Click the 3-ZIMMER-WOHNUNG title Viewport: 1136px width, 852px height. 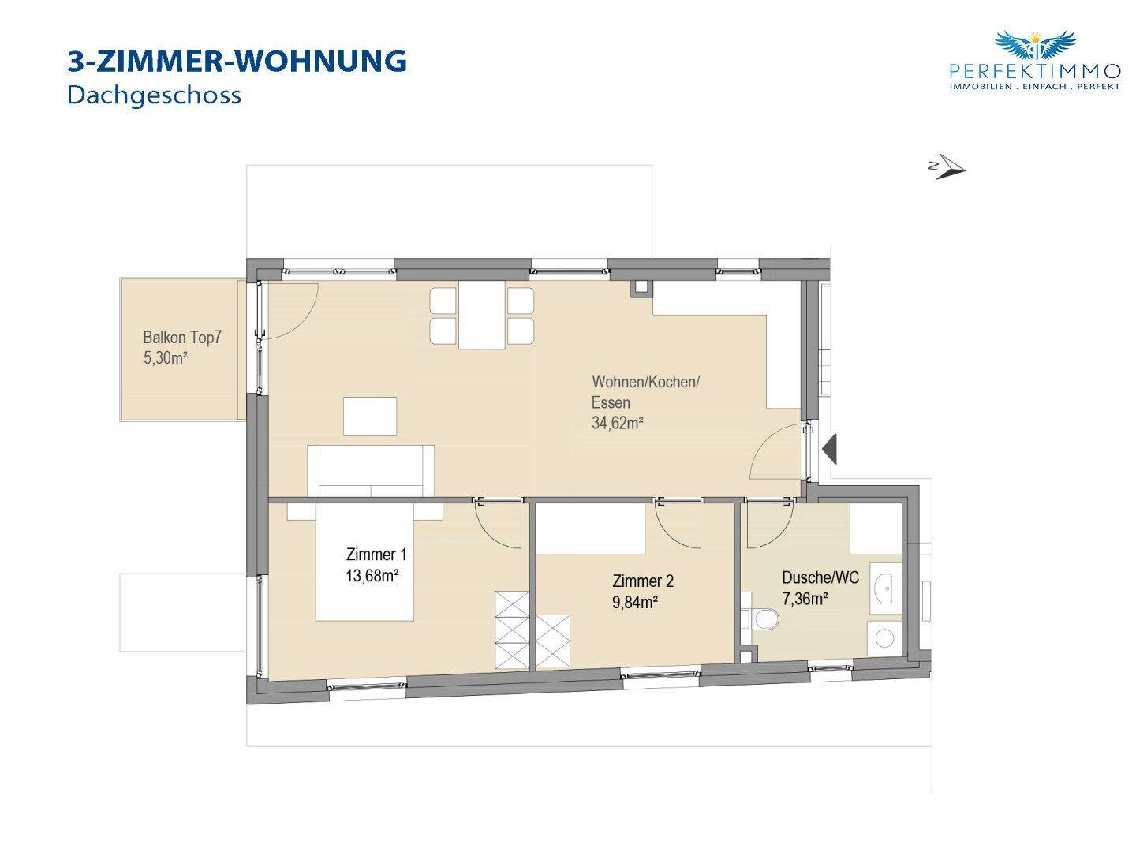coord(237,62)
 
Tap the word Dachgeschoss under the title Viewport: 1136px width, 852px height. coord(154,96)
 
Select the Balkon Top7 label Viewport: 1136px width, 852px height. coord(182,338)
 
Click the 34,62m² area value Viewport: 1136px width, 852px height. coord(618,423)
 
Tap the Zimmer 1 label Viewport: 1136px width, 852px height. coord(376,555)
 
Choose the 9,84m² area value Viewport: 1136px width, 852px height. coord(635,603)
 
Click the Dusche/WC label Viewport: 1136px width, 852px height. coord(820,577)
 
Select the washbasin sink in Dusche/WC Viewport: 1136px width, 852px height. coord(886,589)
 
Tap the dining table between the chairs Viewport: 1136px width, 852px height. coord(481,315)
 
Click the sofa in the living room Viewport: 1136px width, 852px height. coord(371,471)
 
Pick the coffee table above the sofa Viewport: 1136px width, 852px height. coord(370,417)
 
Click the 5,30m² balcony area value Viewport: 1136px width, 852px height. coord(166,358)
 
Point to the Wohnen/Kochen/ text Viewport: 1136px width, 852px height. coord(645,382)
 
